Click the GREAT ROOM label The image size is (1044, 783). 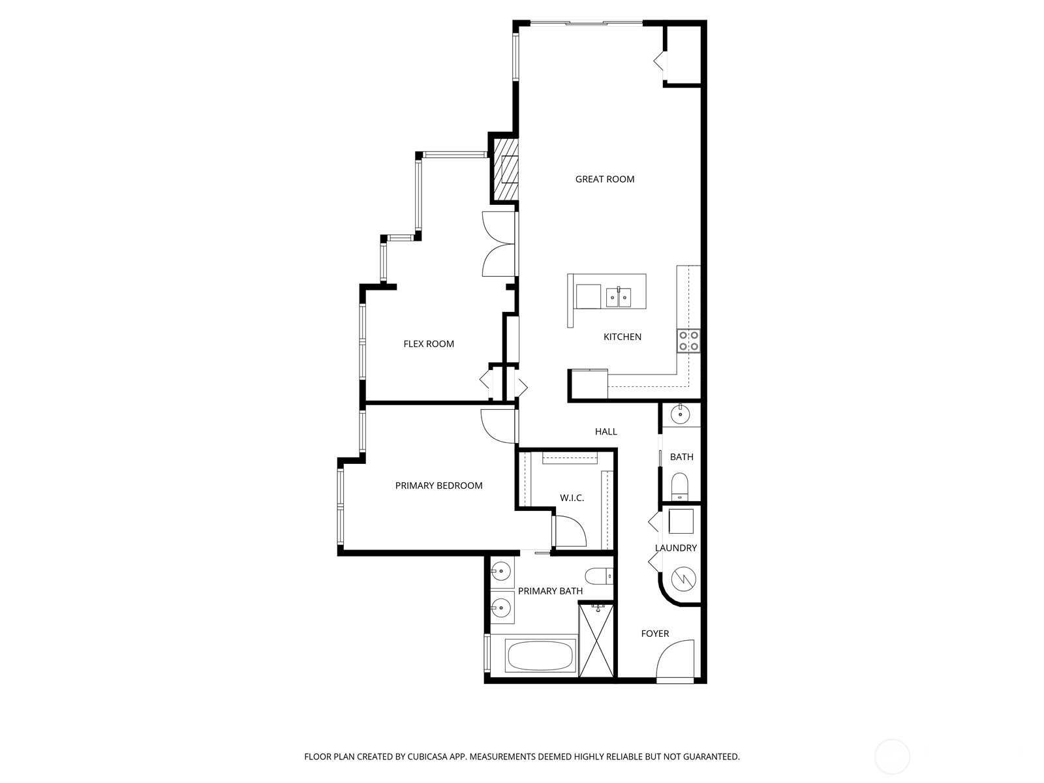pos(604,179)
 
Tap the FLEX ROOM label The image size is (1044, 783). pos(429,344)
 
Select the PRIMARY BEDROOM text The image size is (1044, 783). pos(438,485)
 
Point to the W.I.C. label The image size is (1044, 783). pos(572,498)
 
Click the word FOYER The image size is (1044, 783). pos(655,633)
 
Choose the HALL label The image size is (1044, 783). pos(606,431)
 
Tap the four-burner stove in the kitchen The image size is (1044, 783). pos(688,341)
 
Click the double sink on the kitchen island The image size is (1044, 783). pos(619,298)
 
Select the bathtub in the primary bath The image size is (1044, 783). pos(540,655)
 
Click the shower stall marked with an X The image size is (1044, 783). pos(596,640)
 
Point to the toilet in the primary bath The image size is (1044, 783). pos(599,576)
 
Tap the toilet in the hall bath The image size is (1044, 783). pos(679,486)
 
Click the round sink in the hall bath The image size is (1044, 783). pos(681,414)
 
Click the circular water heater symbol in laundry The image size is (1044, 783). pos(683,579)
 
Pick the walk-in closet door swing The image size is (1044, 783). pos(571,531)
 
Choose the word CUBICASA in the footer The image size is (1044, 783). pos(427,756)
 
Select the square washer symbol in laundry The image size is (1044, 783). pos(681,521)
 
